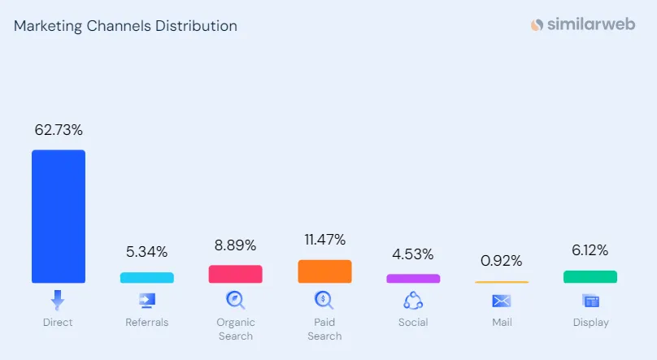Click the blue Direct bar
pos(59,216)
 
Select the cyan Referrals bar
pos(147,278)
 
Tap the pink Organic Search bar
pos(236,274)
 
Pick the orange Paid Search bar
pos(324,271)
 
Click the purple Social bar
pos(413,279)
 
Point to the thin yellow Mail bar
pos(502,282)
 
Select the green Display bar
pos(590,276)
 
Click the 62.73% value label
pos(59,130)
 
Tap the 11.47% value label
pos(324,240)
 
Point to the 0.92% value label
pos(502,261)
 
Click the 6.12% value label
pos(590,250)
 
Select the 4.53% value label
pos(413,254)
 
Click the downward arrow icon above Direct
pos(58,300)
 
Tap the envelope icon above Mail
pos(502,301)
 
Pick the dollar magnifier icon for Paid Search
pos(324,300)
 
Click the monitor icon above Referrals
pos(147,301)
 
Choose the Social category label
pos(413,323)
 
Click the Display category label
pos(591,323)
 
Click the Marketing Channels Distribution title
pos(125,26)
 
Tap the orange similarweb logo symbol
pos(537,24)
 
